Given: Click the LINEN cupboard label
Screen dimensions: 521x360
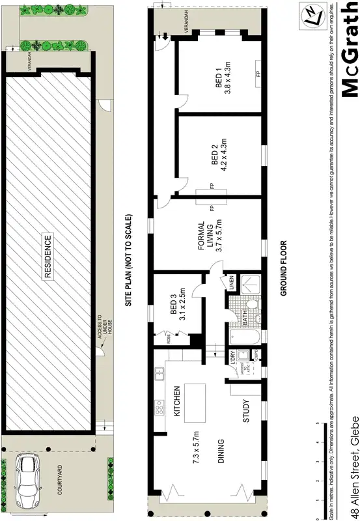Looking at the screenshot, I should [x=230, y=284].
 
